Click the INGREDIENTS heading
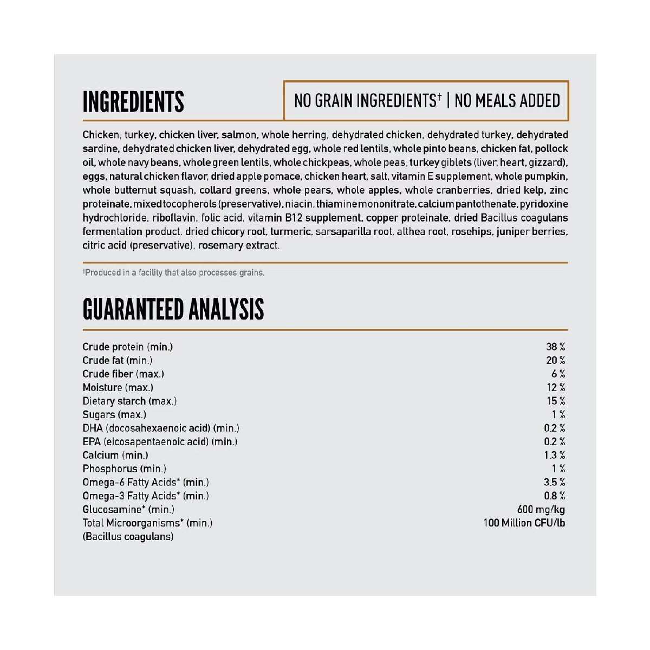pos(133,102)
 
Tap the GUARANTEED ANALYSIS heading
pos(173,309)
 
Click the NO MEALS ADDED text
pos(507,101)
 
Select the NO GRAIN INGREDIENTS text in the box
pos(367,101)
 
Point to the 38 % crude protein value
pos(555,347)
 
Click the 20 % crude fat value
pos(555,360)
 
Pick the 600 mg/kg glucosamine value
pos(541,509)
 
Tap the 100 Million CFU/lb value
pos(524,523)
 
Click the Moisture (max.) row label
pos(118,387)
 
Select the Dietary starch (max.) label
pos(129,401)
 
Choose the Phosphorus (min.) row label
pos(124,469)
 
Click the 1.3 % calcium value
pos(554,455)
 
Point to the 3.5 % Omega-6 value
pos(554,482)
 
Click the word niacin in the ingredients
pos(298,204)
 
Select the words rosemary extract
pos(238,245)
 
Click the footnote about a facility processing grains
pos(173,272)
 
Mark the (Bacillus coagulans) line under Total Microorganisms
pos(128,537)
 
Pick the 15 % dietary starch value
pos(555,401)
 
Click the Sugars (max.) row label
pos(114,414)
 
